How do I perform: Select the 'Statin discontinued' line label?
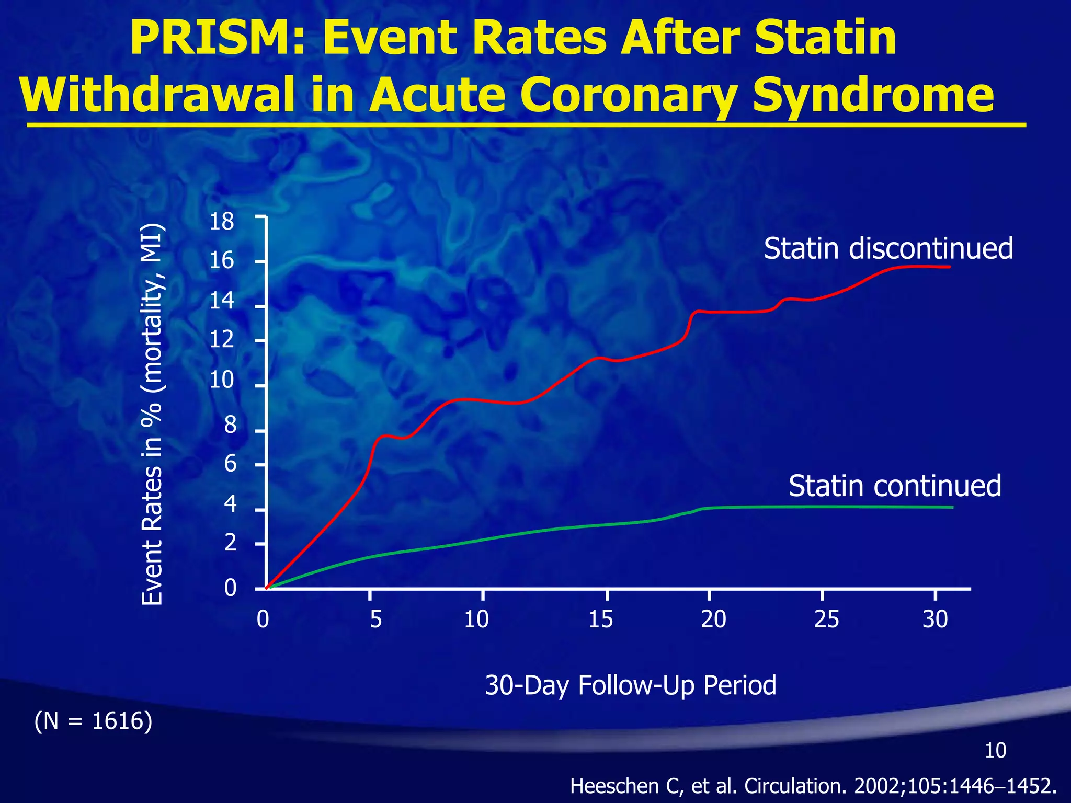[x=888, y=248]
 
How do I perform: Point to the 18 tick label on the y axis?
[x=222, y=222]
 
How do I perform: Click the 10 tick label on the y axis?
[x=222, y=380]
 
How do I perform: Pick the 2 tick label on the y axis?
[x=230, y=544]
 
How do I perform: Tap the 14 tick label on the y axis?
[x=222, y=301]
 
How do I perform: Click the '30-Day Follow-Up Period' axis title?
[x=630, y=685]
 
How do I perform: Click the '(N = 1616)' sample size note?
[x=93, y=721]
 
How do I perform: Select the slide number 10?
[x=995, y=751]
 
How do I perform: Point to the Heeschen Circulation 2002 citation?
[x=813, y=786]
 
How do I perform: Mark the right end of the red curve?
[x=949, y=267]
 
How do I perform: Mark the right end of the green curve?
[x=952, y=507]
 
